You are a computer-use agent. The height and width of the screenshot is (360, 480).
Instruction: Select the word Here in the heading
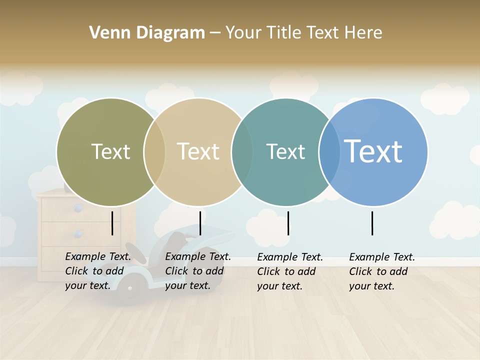[363, 33]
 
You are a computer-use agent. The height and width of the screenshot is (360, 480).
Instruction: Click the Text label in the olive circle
[110, 151]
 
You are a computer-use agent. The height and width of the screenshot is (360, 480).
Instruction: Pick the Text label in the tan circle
[198, 151]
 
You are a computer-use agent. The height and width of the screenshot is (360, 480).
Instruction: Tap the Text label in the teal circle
[285, 151]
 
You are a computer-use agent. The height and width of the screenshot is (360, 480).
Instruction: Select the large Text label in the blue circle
[373, 151]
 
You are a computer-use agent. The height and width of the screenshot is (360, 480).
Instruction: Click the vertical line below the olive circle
[112, 223]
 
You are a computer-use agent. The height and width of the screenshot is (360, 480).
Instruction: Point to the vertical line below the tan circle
[200, 223]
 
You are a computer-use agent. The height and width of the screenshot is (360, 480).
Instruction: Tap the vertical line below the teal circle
[288, 223]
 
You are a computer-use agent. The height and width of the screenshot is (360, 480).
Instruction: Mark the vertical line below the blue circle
[372, 223]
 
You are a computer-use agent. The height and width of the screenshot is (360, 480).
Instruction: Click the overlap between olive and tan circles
[154, 152]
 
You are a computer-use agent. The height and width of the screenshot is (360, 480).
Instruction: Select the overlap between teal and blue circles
[329, 152]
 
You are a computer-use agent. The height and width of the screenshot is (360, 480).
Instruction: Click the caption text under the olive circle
[98, 271]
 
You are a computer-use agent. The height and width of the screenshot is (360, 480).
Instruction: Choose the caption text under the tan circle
[198, 271]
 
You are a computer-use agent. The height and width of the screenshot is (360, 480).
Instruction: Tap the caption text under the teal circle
[290, 271]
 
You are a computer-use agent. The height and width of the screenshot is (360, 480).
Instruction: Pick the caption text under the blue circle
[382, 271]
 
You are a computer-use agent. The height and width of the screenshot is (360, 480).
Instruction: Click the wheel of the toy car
[131, 287]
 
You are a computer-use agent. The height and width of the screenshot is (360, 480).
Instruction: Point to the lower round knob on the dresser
[77, 234]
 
